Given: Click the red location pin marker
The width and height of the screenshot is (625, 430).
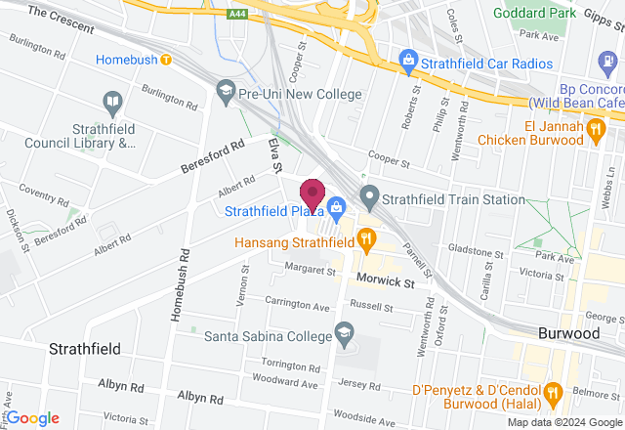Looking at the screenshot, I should [x=312, y=193].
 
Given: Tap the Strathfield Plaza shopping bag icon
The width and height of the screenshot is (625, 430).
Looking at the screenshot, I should [x=337, y=206].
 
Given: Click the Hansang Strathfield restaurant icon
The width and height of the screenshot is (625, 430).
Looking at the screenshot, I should [x=365, y=236].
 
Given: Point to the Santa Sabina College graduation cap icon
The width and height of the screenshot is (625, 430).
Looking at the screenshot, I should [x=344, y=333].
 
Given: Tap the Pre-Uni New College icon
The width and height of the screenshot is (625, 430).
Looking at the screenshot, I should [x=227, y=91].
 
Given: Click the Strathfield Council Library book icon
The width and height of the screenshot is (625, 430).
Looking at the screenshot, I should [x=111, y=102].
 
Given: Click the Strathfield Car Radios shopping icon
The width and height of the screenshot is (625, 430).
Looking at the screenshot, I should [x=408, y=62].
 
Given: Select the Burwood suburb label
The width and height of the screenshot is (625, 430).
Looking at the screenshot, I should [x=568, y=333].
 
